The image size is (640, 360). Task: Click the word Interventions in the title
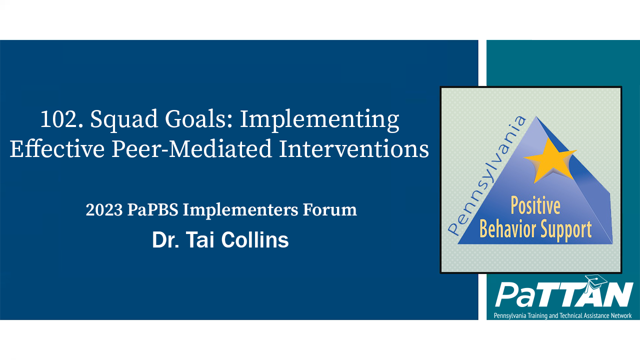[x=353, y=149]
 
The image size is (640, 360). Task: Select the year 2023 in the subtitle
[x=103, y=210]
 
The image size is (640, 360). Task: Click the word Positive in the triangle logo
[x=534, y=206]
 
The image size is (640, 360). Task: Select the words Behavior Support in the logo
[x=535, y=229]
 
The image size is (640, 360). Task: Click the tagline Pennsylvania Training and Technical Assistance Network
[x=562, y=315]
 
